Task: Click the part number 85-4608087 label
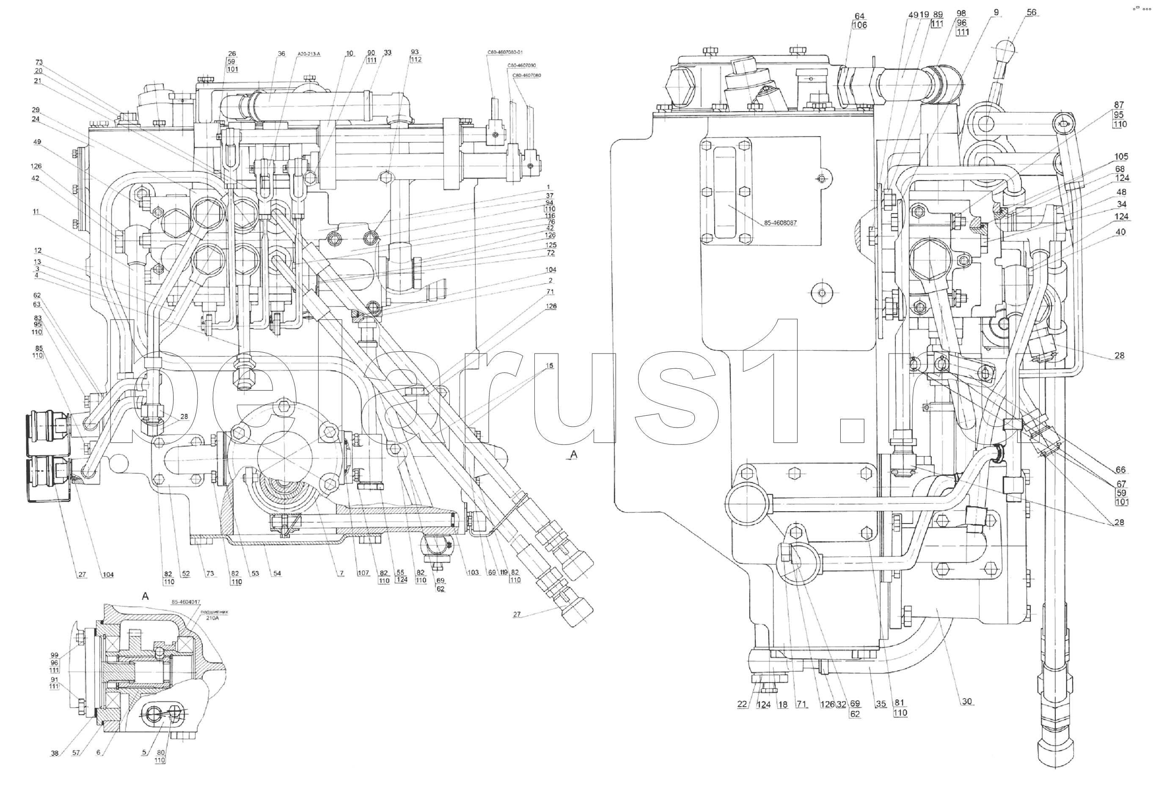pyautogui.click(x=780, y=223)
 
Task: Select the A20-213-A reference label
pyautogui.click(x=308, y=54)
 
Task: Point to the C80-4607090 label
pyautogui.click(x=521, y=66)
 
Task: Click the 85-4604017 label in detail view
pyautogui.click(x=186, y=602)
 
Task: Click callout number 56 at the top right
pyautogui.click(x=1032, y=12)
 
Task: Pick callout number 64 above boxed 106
pyautogui.click(x=859, y=16)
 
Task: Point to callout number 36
pyautogui.click(x=281, y=54)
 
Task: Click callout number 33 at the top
pyautogui.click(x=388, y=52)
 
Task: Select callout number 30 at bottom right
pyautogui.click(x=967, y=701)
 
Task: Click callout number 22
pyautogui.click(x=742, y=704)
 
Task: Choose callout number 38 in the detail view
pyautogui.click(x=55, y=753)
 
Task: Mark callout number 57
pyautogui.click(x=76, y=753)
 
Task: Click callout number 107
pyautogui.click(x=363, y=573)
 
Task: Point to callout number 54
pyautogui.click(x=277, y=573)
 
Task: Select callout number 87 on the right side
pyautogui.click(x=1119, y=104)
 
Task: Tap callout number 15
pyautogui.click(x=549, y=365)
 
